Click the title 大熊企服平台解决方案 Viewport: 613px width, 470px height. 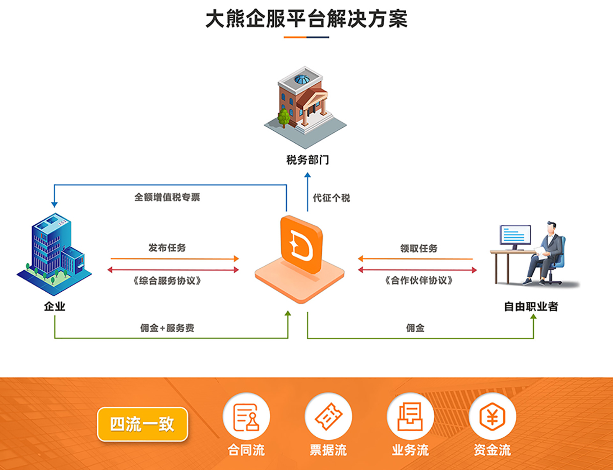306,19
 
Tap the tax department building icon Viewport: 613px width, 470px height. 305,102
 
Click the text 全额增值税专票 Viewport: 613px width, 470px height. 167,197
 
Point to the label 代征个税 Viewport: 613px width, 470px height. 332,198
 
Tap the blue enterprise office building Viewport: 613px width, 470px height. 56,250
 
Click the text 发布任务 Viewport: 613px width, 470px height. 167,248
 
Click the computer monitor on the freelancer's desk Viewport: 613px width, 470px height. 515,236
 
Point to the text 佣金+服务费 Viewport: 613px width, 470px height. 167,328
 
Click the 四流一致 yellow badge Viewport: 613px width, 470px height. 143,424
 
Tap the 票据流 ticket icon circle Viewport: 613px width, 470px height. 328,416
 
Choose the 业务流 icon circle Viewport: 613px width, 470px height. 410,416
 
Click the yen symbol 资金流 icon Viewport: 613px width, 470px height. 492,416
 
